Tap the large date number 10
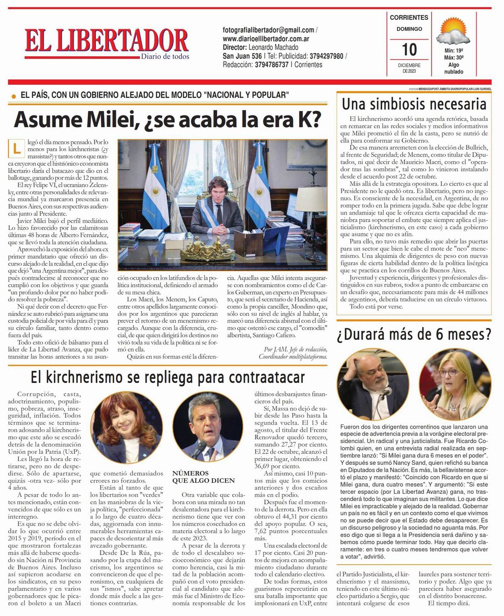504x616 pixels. point(409,49)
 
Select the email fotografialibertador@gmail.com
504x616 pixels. point(268,30)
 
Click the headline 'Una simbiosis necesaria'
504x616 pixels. point(414,104)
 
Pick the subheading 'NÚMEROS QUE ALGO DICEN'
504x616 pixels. point(203,477)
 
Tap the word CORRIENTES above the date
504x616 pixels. point(409,18)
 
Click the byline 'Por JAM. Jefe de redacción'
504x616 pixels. point(295,349)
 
